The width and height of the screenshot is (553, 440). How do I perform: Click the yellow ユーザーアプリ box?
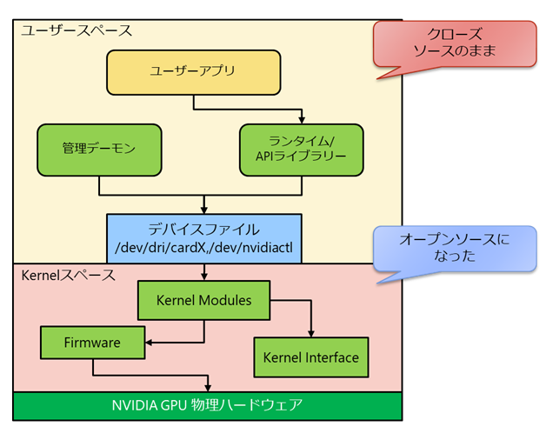tap(192, 72)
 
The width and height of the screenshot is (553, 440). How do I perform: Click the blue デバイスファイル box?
tap(204, 238)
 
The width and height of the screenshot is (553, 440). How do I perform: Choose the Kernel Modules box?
tap(203, 301)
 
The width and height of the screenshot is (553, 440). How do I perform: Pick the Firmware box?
tap(92, 343)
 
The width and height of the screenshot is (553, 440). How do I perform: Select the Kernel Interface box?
tap(310, 357)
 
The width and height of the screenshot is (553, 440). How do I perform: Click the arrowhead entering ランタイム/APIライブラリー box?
tap(302, 119)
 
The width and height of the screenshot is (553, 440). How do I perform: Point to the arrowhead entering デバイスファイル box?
tap(204, 209)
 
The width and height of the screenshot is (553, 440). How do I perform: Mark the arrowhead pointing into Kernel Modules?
tap(204, 277)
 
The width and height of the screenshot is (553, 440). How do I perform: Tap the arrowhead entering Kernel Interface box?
tap(310, 334)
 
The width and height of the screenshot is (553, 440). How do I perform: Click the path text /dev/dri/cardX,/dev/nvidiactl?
tap(204, 250)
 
